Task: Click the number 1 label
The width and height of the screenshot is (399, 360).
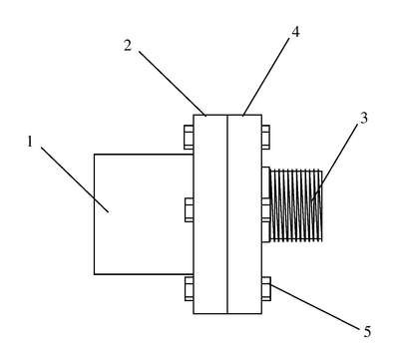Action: coord(30,142)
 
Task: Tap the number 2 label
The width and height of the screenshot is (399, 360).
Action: coord(128,46)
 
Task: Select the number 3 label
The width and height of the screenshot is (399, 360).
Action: coord(364,118)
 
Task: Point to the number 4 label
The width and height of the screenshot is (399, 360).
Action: coord(295,32)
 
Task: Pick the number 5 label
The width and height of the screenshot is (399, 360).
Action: coord(367,332)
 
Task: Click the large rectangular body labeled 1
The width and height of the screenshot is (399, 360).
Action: coord(144,214)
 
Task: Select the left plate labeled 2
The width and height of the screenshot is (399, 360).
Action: coord(210,214)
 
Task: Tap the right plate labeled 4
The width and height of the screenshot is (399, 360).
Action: coord(244,214)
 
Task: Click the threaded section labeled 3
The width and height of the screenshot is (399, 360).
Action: coord(297,205)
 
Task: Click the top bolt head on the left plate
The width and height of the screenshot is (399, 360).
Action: coord(189,137)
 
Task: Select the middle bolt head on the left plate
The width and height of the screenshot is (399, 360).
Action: coord(190,209)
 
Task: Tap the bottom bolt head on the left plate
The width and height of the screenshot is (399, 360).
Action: coord(189,288)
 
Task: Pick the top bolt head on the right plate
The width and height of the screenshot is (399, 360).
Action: coord(265,137)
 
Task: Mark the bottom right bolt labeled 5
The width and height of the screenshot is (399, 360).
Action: coord(266,288)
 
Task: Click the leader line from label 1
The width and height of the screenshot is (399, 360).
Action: coord(75,180)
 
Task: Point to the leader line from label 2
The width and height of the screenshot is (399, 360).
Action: coord(173,84)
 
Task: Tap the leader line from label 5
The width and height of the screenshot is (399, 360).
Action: coord(315,307)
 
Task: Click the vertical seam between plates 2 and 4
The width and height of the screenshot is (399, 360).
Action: coord(227,214)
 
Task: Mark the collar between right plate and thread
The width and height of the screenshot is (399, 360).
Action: coord(266,204)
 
